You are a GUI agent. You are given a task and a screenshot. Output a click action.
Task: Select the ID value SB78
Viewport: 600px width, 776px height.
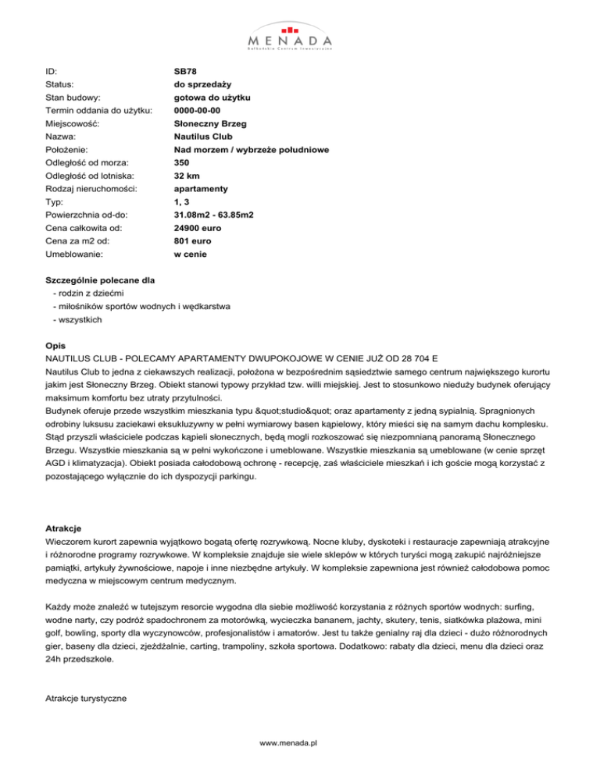pyautogui.click(x=185, y=70)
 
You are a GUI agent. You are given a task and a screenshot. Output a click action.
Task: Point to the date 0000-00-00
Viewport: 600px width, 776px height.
pyautogui.click(x=202, y=110)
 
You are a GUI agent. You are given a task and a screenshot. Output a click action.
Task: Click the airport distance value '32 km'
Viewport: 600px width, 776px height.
pyautogui.click(x=188, y=176)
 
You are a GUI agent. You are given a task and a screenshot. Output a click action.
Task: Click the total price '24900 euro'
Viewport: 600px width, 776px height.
pyautogui.click(x=198, y=229)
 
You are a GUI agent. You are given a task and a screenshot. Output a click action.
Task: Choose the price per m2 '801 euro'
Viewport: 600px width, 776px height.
pyautogui.click(x=193, y=242)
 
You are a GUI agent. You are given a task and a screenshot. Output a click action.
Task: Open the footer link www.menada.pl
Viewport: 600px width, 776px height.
pyautogui.click(x=300, y=744)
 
